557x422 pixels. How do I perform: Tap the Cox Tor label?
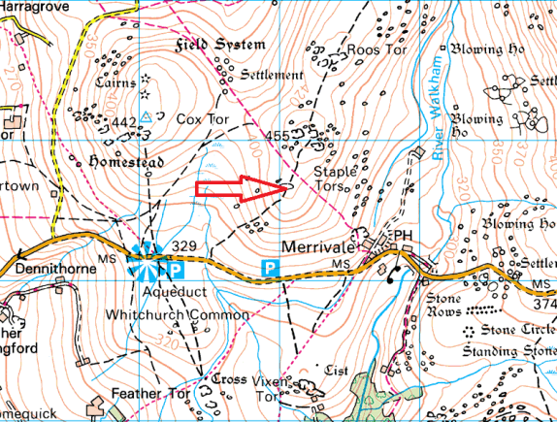pos(201,118)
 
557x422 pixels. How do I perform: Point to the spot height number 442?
pos(122,122)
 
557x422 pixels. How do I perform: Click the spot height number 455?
pos(278,137)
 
